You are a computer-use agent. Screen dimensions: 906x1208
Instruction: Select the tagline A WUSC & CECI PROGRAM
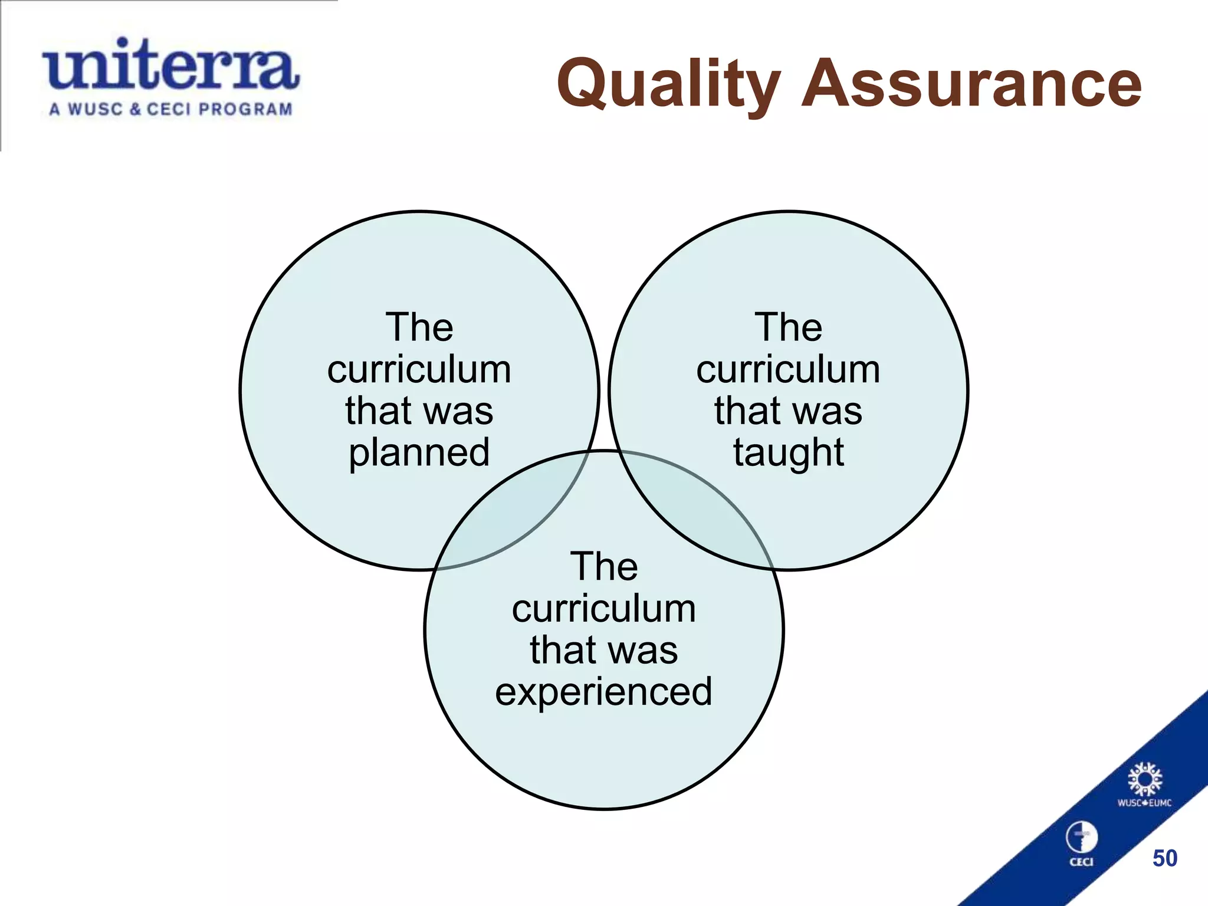pos(170,110)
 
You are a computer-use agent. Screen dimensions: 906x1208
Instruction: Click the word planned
pos(419,453)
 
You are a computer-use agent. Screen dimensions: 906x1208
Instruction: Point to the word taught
pos(789,453)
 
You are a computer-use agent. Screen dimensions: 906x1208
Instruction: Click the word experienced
pos(603,691)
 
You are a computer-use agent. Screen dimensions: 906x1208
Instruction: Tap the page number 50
pos(1164,858)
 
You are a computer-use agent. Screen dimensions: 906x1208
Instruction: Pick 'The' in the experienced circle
pos(603,567)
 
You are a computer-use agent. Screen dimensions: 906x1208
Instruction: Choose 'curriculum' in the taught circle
pos(788,370)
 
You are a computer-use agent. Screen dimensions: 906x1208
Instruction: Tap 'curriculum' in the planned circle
pos(419,370)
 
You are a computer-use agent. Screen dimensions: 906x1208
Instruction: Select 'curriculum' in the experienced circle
pos(603,609)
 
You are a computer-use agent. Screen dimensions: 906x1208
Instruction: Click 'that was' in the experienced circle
pos(603,650)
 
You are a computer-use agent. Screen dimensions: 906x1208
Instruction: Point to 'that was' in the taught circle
pos(788,411)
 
